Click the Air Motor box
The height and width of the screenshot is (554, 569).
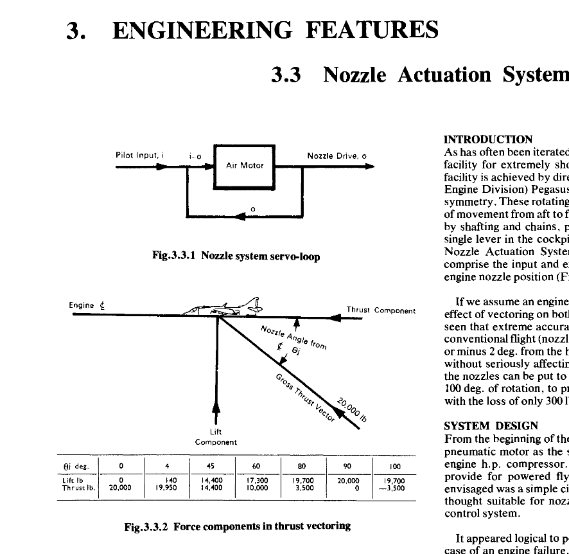pyautogui.click(x=245, y=166)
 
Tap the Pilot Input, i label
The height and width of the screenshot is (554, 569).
pyautogui.click(x=141, y=155)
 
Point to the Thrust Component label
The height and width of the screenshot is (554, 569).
pyautogui.click(x=381, y=310)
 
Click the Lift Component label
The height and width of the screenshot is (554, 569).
pyautogui.click(x=216, y=437)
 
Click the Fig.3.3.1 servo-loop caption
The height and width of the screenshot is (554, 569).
pyautogui.click(x=236, y=256)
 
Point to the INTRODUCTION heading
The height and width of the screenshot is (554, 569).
pyautogui.click(x=488, y=139)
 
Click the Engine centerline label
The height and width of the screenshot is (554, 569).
pyautogui.click(x=88, y=306)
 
